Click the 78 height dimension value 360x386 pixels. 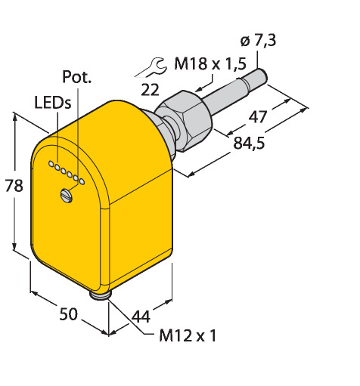[x=14, y=186]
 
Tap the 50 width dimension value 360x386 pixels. [x=68, y=314]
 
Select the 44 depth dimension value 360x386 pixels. [x=141, y=317]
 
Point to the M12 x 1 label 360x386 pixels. [x=188, y=335]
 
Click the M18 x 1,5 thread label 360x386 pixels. [x=210, y=63]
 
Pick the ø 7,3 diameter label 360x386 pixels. [x=259, y=40]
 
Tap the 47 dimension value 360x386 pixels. [x=258, y=117]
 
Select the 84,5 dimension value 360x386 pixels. [x=249, y=143]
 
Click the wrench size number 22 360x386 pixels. [x=150, y=89]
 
